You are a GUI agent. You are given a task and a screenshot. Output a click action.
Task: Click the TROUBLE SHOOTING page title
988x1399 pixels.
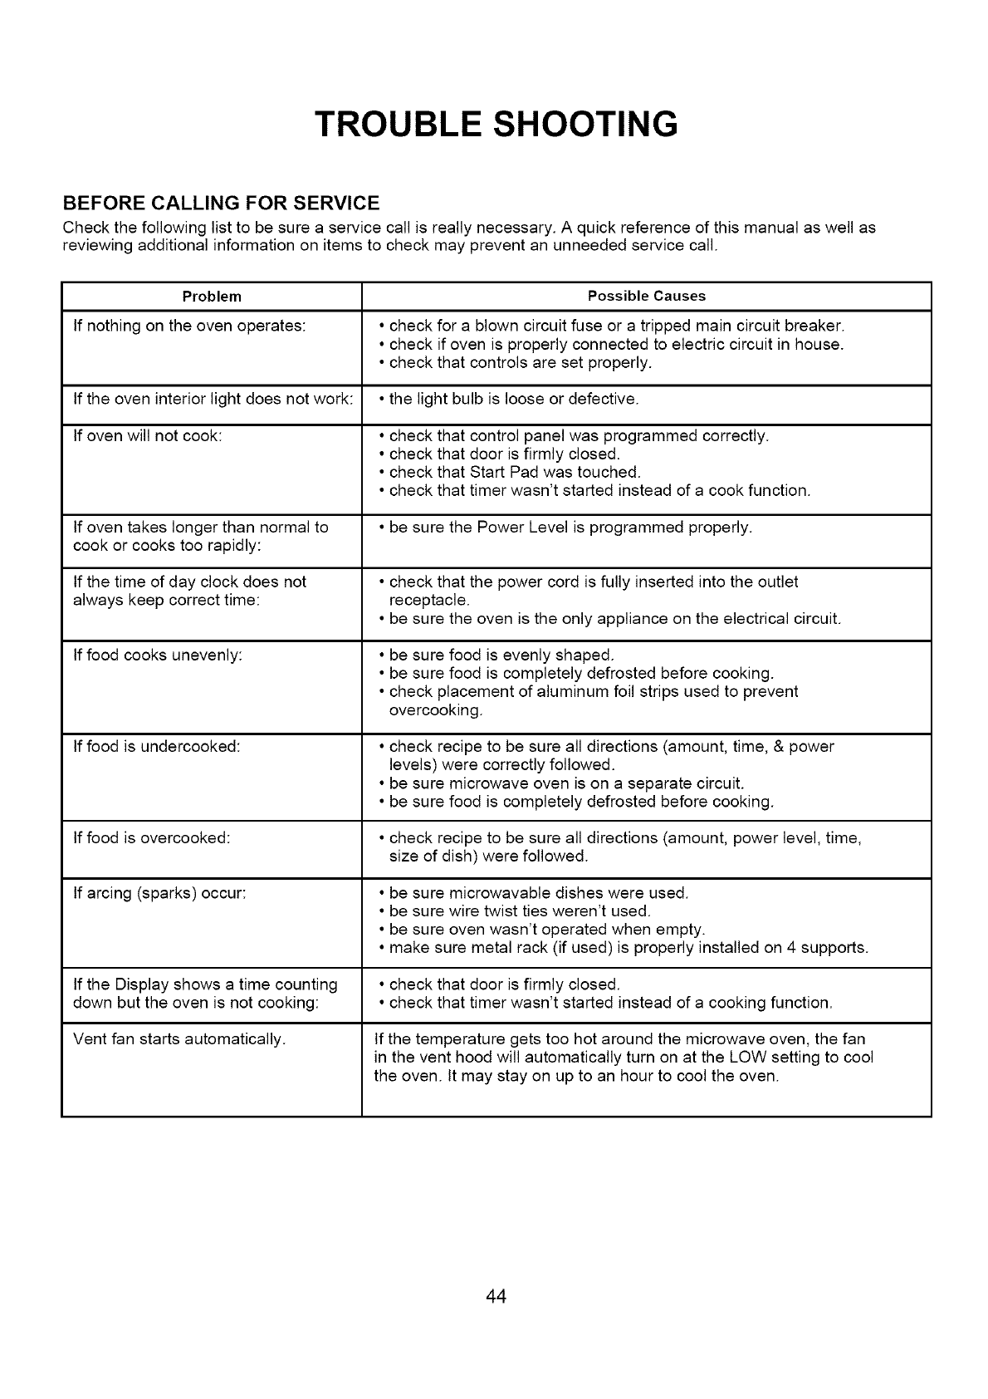496,123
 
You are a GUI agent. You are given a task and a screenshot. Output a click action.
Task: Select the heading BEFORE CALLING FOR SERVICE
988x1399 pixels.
222,204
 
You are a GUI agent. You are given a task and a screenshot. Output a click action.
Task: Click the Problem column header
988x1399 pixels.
213,296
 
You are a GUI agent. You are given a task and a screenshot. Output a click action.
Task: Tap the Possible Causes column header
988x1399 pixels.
646,296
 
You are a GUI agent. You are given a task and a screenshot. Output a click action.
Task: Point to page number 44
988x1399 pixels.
496,1297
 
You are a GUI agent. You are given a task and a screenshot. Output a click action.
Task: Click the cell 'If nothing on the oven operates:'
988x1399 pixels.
190,326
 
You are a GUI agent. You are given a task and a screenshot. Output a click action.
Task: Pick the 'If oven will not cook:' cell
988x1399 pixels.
147,435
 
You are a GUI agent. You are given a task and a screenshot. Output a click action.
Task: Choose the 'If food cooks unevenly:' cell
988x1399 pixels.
158,655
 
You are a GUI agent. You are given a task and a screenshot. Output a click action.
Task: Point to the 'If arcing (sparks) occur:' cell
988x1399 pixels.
160,893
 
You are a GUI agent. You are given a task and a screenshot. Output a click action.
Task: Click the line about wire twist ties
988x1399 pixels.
519,911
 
